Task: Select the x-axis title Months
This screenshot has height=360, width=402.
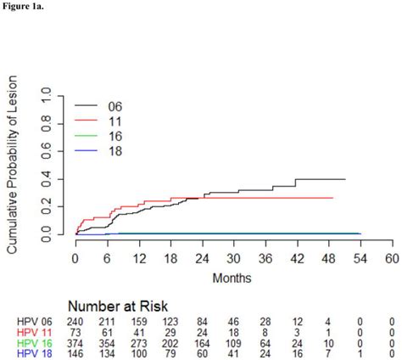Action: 232,278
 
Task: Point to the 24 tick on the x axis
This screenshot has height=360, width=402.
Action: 202,258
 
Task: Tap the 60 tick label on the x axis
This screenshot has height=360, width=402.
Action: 390,258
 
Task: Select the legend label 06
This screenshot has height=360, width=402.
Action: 116,107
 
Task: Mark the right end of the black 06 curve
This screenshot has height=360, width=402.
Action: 345,179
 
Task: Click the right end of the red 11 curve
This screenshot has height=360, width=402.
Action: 333,198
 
